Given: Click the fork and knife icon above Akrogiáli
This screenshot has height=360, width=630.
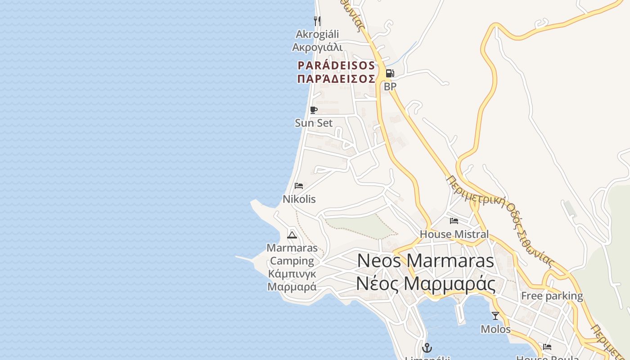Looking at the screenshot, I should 317,21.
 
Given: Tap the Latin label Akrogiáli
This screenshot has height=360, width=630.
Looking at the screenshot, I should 317,34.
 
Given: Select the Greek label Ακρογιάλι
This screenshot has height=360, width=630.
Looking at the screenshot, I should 317,47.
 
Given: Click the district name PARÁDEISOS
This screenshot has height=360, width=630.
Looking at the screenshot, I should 336,66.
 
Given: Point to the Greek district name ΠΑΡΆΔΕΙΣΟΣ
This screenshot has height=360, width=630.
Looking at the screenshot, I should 336,79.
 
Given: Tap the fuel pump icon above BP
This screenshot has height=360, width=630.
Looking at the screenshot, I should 390,73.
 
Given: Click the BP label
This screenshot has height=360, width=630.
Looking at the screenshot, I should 390,86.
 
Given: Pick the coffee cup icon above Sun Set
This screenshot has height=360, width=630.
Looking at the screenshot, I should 314,110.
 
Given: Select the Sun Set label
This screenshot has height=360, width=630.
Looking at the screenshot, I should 314,123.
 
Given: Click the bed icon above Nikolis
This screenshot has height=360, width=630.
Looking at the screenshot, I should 299,186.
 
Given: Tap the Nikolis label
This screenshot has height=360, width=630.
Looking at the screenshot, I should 299,199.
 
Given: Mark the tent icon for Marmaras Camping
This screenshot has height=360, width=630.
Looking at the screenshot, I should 292,235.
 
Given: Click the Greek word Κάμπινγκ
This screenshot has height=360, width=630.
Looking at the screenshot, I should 292,274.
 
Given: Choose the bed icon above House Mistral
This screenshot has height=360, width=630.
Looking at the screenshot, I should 454,221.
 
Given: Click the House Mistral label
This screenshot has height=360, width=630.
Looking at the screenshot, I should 454,234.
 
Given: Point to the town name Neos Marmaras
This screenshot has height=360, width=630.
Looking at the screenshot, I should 425,261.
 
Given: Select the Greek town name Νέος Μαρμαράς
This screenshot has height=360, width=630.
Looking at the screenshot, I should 425,284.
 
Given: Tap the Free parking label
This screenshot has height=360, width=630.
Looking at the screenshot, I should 552,296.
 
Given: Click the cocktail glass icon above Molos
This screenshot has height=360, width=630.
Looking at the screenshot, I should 495,316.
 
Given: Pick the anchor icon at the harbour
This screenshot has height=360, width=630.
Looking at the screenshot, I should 427,348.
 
